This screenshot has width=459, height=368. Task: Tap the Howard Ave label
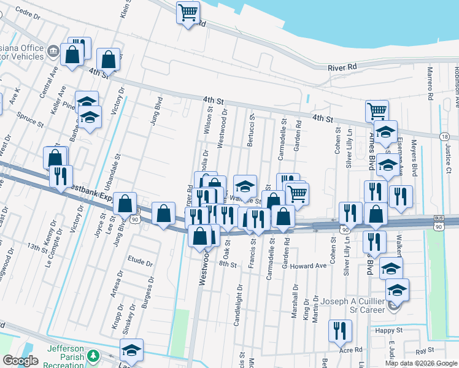coord(309,266)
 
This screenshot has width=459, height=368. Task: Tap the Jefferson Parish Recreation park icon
coord(93,356)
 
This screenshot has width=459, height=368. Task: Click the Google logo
coord(20,361)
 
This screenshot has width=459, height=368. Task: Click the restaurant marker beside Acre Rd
coord(340,331)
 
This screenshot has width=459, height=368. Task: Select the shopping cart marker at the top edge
coord(188,12)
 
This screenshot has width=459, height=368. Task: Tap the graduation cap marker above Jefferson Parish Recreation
coord(131,349)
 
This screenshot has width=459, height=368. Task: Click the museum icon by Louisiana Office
coord(53,50)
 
